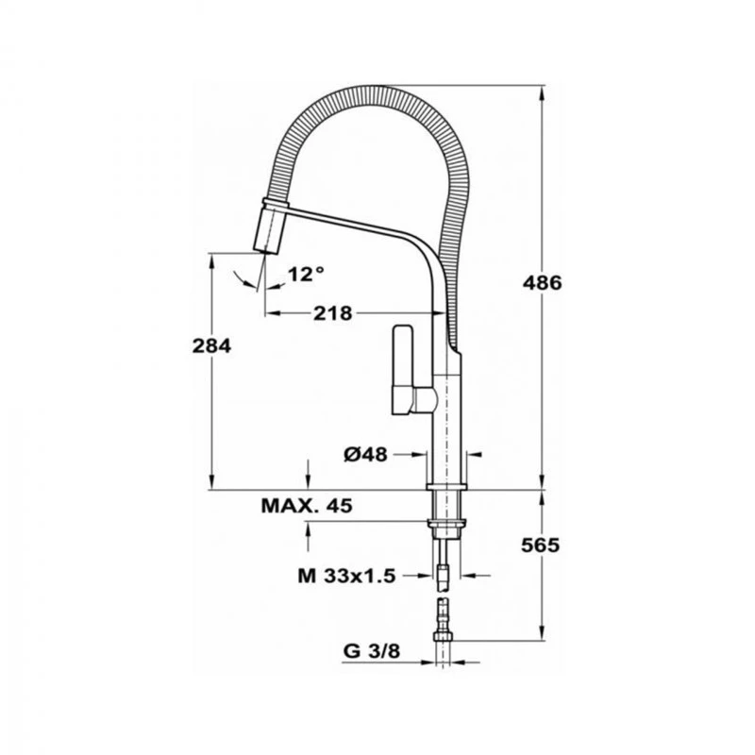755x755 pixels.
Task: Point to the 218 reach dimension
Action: pyautogui.click(x=333, y=313)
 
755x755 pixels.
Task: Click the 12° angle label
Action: pyautogui.click(x=306, y=274)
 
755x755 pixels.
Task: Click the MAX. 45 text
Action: pyautogui.click(x=306, y=507)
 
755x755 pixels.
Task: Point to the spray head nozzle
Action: pyautogui.click(x=269, y=229)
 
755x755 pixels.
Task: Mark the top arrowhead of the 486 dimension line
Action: pyautogui.click(x=543, y=95)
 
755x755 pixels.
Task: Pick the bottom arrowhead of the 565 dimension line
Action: pyautogui.click(x=543, y=634)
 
